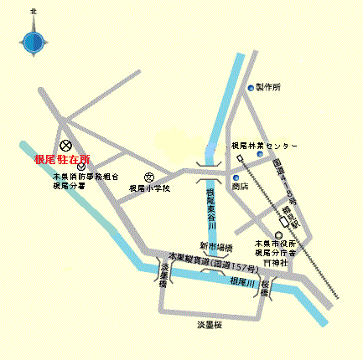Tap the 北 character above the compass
tap(34, 12)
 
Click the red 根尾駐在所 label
tap(62, 158)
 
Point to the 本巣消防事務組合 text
tap(86, 177)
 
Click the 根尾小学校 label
tap(149, 189)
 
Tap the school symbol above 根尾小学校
tap(149, 177)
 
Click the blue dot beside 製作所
tap(249, 87)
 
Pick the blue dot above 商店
tap(236, 177)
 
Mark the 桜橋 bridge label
tap(266, 291)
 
